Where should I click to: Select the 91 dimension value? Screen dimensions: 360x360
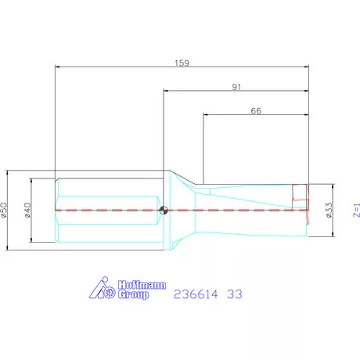click(237, 86)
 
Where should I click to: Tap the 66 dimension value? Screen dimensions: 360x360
click(256, 111)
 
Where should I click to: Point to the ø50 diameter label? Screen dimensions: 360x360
click(5, 210)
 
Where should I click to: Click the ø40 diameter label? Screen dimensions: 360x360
click(27, 210)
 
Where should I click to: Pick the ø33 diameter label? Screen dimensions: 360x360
click(329, 210)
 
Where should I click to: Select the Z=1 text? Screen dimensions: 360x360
click(354, 210)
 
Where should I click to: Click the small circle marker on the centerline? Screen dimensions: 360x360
click(163, 210)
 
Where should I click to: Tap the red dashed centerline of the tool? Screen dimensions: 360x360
click(235, 210)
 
